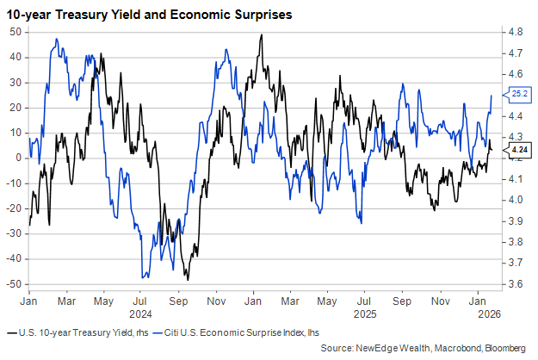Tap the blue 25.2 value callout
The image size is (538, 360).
pyautogui.click(x=519, y=93)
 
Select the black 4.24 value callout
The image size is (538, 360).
pyautogui.click(x=519, y=150)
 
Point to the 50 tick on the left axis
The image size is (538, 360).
pyautogui.click(x=15, y=32)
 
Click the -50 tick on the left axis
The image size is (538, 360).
pyautogui.click(x=13, y=284)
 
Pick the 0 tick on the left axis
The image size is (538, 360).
pyautogui.click(x=18, y=158)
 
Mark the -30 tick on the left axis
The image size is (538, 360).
pyautogui.click(x=13, y=233)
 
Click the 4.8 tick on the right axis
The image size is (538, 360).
pyautogui.click(x=516, y=32)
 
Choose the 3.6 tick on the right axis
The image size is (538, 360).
pyautogui.click(x=516, y=284)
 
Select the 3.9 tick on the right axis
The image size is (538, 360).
pyautogui.click(x=516, y=221)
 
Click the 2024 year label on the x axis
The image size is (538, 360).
pyautogui.click(x=139, y=314)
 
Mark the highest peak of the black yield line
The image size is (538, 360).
pyautogui.click(x=261, y=35)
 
